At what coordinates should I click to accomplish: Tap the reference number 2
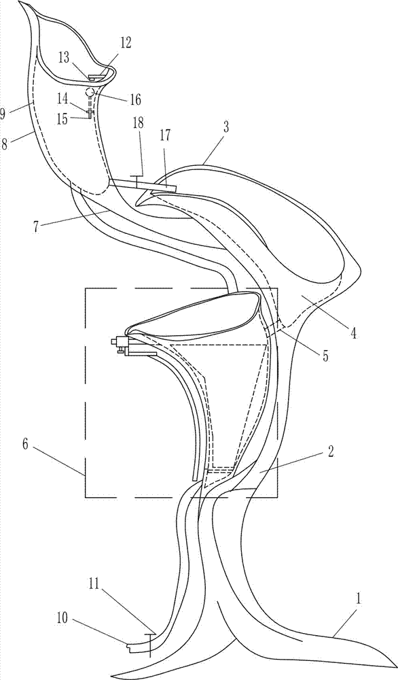point(330,453)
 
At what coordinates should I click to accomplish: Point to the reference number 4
point(353,333)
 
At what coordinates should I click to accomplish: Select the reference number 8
point(5,144)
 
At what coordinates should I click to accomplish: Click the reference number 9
point(3,114)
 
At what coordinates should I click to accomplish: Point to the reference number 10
point(62,618)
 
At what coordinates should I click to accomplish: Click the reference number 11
point(94,583)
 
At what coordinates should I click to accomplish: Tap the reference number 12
point(126,42)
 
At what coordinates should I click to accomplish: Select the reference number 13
point(64,58)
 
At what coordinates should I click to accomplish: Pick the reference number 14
point(63,99)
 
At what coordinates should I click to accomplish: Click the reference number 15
point(63,119)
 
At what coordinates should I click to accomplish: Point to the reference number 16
point(135,100)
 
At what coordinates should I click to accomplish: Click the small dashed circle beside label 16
point(90,92)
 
